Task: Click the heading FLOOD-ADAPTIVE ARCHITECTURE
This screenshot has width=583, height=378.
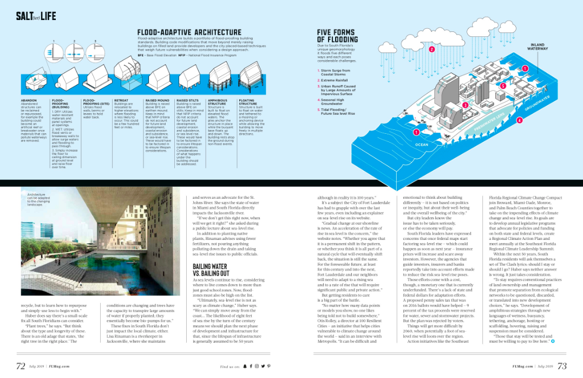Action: (189, 32)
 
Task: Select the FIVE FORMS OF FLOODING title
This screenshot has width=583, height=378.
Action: (337, 36)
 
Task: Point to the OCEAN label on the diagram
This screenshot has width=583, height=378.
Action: (421, 145)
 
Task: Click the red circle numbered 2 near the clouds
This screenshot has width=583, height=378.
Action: (431, 50)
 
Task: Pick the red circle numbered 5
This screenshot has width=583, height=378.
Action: (503, 86)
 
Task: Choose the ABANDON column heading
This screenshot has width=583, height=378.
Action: (29, 100)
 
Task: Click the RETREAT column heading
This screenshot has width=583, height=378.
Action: (121, 100)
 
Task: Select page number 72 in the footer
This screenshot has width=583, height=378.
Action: (21, 366)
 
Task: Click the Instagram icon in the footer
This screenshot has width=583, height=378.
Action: (256, 367)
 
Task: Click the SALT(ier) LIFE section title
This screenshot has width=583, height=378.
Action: (36, 16)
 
